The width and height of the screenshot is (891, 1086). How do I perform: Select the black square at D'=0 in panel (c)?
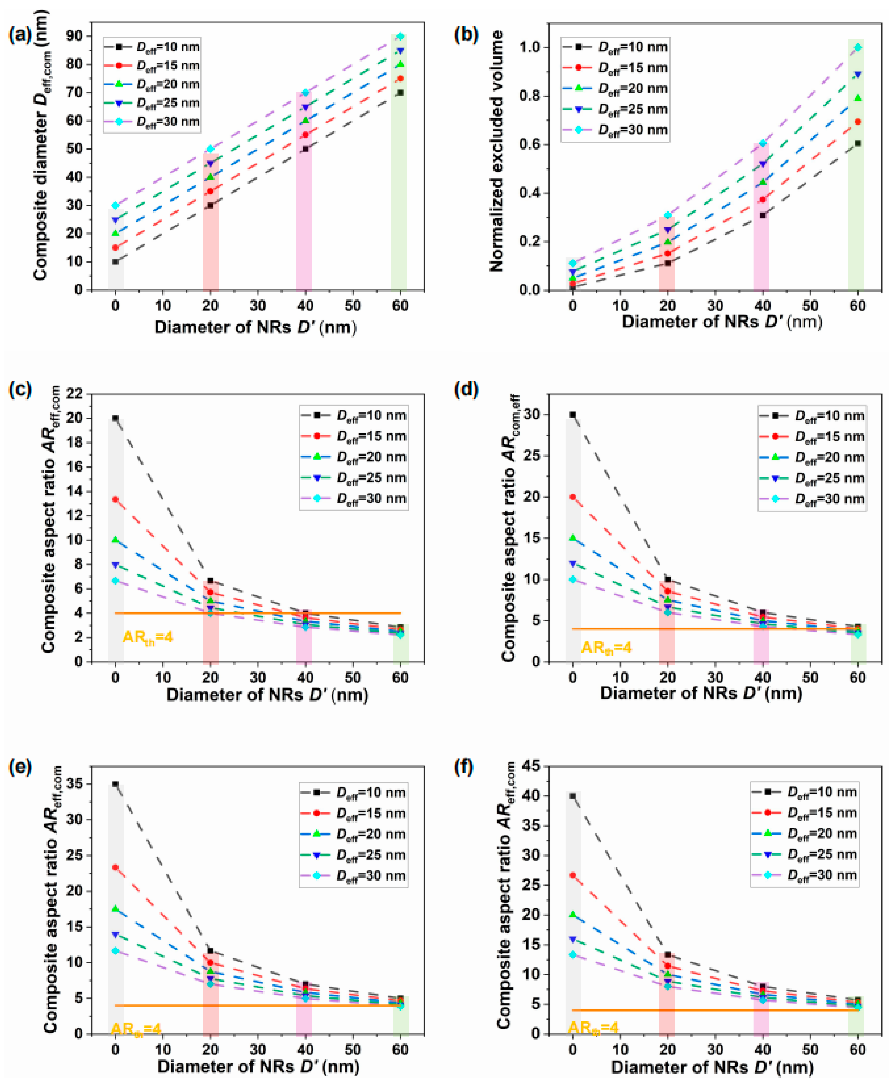click(x=116, y=418)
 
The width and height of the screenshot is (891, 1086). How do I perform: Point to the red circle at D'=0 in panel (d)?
click(x=573, y=497)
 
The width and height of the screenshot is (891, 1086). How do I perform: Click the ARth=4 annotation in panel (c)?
click(x=148, y=638)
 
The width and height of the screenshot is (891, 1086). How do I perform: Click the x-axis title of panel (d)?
click(x=701, y=693)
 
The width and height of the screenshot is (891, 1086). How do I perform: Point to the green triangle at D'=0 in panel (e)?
click(x=116, y=908)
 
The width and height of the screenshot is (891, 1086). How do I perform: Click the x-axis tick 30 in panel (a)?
click(x=258, y=306)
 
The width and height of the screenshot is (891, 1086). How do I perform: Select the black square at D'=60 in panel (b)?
click(x=858, y=144)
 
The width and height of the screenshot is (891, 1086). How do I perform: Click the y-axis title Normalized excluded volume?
click(x=497, y=150)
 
